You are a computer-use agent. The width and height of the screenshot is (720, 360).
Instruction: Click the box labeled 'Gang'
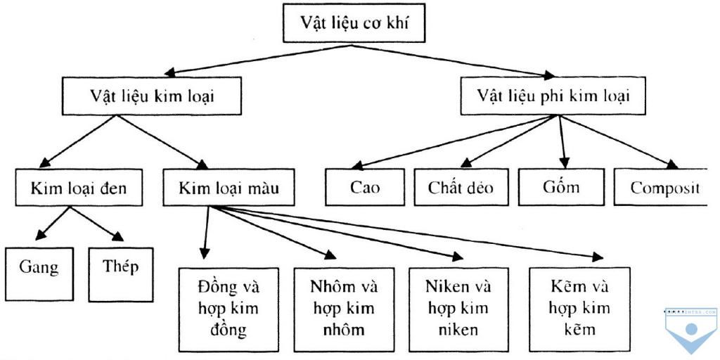pyautogui.click(x=39, y=267)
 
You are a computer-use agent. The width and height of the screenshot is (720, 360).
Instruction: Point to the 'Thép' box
pyautogui.click(x=121, y=266)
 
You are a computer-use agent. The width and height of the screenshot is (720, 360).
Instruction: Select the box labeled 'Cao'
pyautogui.click(x=365, y=187)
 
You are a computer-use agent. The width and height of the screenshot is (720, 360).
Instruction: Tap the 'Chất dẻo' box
pyautogui.click(x=461, y=187)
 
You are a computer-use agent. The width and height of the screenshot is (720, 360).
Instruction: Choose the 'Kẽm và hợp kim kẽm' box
pyautogui.click(x=579, y=309)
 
